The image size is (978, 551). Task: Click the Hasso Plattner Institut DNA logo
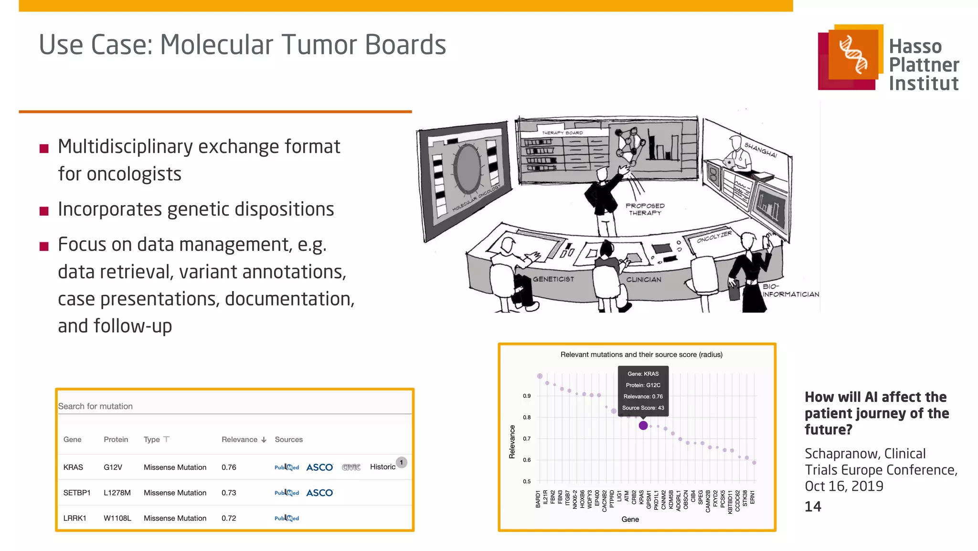[853, 56]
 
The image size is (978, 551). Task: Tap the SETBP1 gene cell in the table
[76, 493]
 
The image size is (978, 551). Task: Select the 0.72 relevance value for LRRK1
[229, 518]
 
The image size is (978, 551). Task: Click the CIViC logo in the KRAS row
[351, 467]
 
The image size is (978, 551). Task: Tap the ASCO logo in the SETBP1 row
[319, 493]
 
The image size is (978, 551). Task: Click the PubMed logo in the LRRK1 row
[287, 518]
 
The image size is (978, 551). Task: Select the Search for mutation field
[234, 406]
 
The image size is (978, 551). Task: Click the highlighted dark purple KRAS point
[643, 425]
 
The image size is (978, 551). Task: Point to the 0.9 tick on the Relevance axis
[526, 396]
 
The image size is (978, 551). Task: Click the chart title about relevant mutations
[641, 355]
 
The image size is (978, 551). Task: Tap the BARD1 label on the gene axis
[538, 498]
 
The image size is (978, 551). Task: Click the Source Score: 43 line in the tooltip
[643, 408]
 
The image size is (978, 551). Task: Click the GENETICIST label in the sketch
[553, 279]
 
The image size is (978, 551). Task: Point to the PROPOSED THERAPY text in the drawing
[645, 209]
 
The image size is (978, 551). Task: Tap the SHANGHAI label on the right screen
[760, 150]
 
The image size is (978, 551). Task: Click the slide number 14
[813, 507]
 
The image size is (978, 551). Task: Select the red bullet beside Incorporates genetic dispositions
[44, 211]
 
